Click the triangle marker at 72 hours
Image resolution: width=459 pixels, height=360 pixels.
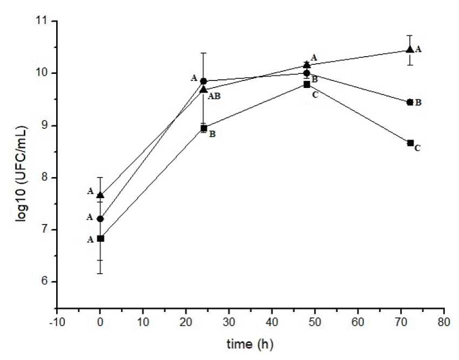(410, 50)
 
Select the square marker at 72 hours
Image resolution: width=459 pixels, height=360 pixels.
(410, 143)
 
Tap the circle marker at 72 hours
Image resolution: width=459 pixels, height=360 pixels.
(410, 102)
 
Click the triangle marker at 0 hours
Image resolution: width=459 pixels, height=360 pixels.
(100, 195)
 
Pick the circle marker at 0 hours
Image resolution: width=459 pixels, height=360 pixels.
(100, 219)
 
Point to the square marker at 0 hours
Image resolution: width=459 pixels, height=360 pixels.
(100, 238)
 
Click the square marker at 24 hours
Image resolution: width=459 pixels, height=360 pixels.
(204, 128)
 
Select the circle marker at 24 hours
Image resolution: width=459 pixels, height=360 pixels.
(204, 81)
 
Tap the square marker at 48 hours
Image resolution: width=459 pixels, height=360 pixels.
(307, 85)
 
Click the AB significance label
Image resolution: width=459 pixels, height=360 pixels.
(214, 97)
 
